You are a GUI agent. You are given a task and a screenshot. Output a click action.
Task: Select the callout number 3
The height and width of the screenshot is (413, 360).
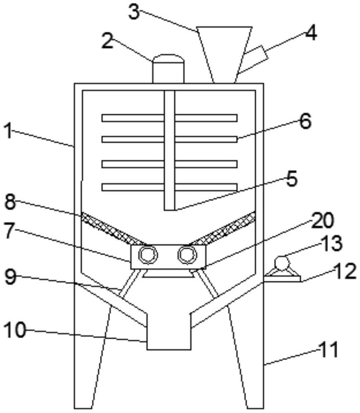click(x=134, y=12)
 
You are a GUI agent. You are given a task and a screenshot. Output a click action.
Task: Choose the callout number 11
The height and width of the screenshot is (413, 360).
click(x=329, y=350)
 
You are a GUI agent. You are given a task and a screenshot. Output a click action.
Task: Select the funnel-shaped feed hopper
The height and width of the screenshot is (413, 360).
click(x=224, y=50)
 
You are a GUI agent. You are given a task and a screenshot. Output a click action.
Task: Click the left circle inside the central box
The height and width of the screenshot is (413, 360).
click(x=147, y=254)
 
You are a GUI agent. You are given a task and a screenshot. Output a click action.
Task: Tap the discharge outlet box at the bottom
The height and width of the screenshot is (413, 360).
click(x=169, y=330)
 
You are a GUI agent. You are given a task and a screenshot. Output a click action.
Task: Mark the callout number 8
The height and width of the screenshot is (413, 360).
click(x=12, y=202)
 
